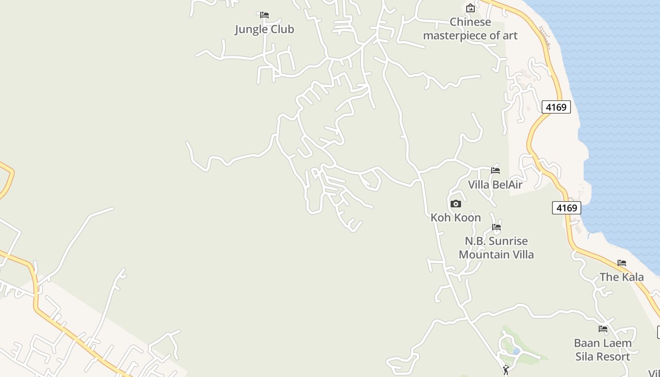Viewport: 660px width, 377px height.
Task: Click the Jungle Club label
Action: pos(264,29)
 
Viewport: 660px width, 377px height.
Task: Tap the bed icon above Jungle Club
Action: pos(264,15)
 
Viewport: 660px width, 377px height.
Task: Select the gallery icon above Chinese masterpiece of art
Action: pos(470,8)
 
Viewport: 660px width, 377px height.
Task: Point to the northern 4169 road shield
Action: pos(556,107)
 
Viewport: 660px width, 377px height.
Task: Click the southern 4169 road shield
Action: pos(566,208)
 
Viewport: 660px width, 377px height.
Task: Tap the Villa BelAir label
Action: pos(495,185)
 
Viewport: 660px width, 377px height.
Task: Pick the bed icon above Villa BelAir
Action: pos(495,171)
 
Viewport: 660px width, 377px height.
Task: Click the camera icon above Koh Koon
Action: pos(455,204)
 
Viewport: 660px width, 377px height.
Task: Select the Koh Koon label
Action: pos(455,218)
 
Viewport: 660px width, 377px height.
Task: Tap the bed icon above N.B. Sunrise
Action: pos(496,227)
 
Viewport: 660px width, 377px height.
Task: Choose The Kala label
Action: pos(621,277)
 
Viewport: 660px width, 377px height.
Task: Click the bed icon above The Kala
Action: pos(622,263)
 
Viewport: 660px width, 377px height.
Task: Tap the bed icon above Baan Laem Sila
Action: pos(603,329)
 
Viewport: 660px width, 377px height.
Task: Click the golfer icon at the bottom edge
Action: pos(506,370)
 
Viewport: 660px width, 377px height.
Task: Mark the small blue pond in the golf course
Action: pos(516,351)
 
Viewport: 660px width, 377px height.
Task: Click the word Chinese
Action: pos(470,22)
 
